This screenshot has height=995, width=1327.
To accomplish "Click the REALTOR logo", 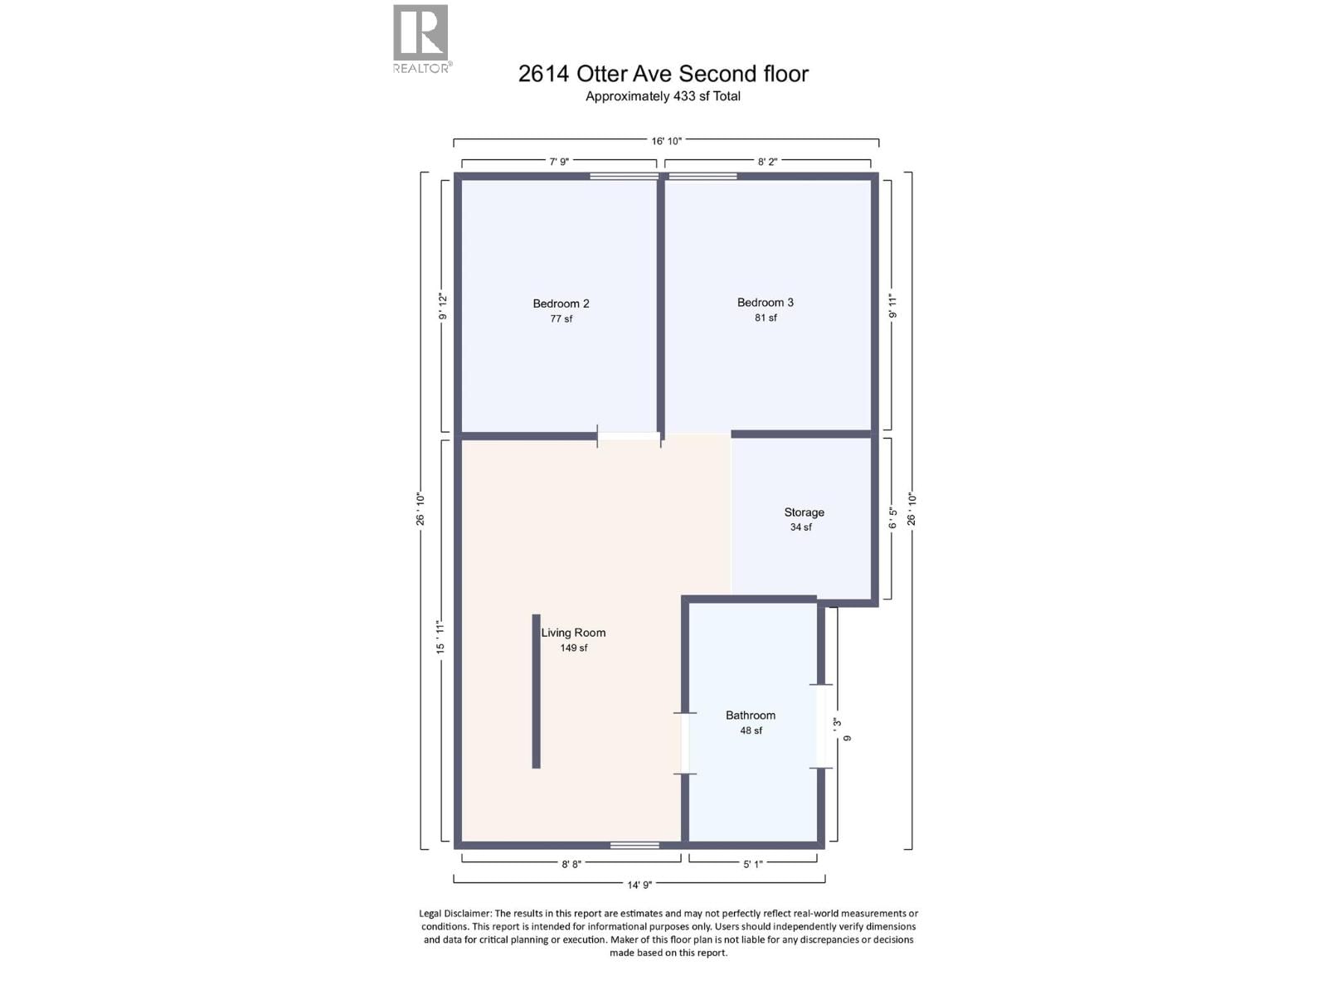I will [421, 39].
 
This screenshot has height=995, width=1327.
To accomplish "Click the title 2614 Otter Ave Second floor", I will [663, 74].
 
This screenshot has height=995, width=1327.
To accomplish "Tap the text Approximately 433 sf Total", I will [663, 96].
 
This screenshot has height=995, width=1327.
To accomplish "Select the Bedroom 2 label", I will [561, 303].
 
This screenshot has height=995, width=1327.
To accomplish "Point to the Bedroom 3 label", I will [765, 303].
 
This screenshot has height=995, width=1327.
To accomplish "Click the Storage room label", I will [804, 512].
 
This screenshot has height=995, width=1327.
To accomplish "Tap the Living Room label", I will [573, 633].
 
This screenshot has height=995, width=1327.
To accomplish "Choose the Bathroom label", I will [751, 716].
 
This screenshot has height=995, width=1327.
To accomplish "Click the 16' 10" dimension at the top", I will [666, 141].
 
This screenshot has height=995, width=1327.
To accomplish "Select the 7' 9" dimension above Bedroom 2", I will [559, 162].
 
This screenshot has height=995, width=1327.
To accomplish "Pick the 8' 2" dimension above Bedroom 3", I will [767, 162].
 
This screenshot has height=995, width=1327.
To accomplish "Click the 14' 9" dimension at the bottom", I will [639, 885].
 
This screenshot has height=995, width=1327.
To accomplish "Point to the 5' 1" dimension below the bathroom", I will [752, 864].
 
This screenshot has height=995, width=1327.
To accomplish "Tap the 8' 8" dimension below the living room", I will [571, 864].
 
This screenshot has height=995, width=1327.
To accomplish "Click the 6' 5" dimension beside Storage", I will [892, 518].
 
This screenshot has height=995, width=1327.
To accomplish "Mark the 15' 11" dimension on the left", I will [440, 636].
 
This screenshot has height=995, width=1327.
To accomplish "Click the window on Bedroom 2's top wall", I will [624, 176].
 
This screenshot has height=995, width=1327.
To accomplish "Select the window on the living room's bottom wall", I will [634, 845].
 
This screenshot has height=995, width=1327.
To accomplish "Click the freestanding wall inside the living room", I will [537, 691].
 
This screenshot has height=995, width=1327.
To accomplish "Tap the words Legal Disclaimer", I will [455, 913].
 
